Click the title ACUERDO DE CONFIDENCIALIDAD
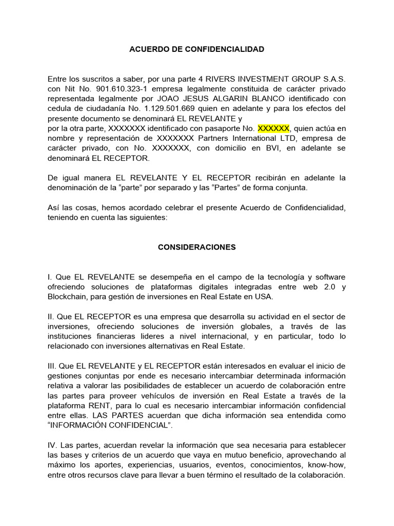point(196,49)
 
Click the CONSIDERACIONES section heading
point(196,247)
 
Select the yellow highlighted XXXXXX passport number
point(273,128)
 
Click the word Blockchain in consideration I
point(68,296)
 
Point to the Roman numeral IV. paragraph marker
point(53,445)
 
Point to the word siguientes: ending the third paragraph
point(147,217)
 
